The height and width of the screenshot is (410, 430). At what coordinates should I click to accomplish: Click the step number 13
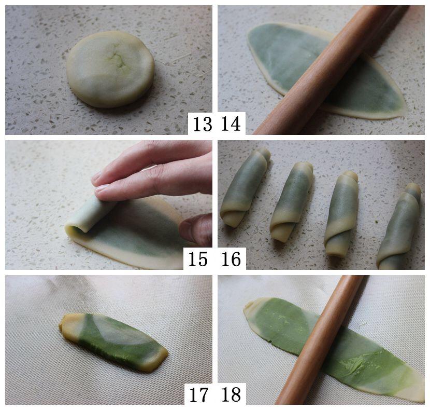pos(203,124)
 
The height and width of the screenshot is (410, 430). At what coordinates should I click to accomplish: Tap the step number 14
pos(231,124)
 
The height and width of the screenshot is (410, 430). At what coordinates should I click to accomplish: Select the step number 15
pos(198,258)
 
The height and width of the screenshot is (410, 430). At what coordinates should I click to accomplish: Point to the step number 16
pos(231,258)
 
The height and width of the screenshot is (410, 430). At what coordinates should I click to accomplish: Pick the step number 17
pos(198,394)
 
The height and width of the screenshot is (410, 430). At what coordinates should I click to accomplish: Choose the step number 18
pos(231,394)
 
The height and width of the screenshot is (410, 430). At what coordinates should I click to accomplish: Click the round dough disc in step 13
pos(110,69)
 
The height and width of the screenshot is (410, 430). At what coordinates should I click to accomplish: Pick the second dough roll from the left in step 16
pos(291,202)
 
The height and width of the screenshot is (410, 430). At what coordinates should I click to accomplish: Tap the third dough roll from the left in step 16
pos(341,214)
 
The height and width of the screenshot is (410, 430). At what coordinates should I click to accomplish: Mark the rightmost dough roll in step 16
pos(398,226)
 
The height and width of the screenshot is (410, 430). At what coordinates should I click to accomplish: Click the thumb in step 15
pos(196,229)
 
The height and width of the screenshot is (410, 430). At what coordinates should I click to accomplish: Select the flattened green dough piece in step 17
pos(113,342)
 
